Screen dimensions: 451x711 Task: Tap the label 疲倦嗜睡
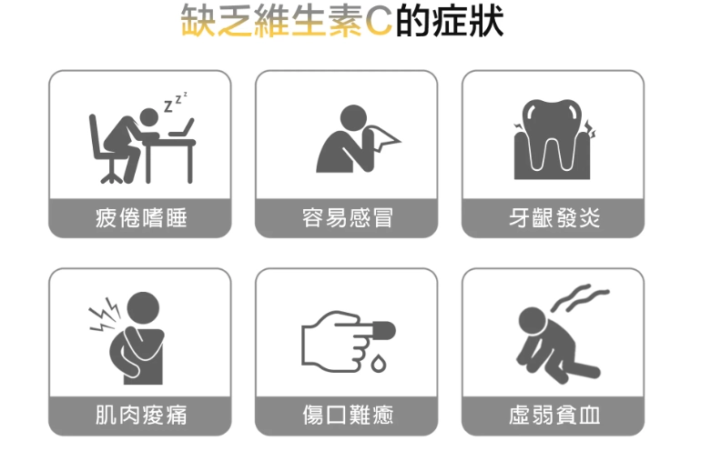140,218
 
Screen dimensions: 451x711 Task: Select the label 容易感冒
347,218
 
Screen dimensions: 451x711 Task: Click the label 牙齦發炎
554,218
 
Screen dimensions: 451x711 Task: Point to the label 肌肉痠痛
140,416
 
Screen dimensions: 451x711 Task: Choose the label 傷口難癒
347,416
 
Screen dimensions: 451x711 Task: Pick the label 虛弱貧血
554,416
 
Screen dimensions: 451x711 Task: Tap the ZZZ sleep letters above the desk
176,101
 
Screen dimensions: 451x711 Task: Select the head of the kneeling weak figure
531,319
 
